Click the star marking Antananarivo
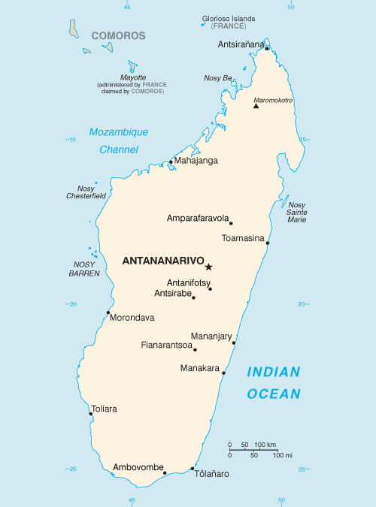point(209,267)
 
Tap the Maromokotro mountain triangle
point(256,106)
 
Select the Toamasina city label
point(244,239)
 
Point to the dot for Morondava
point(108,312)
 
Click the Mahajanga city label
point(196,160)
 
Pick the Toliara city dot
point(91,414)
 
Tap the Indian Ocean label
point(274,382)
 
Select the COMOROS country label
point(119,35)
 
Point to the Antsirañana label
point(241,44)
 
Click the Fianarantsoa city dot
point(195,349)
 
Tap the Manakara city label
point(200,368)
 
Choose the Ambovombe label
point(138,468)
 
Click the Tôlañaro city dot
point(193,469)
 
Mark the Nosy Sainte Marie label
point(297,212)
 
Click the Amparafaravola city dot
point(231,223)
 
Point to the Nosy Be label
point(218,77)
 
